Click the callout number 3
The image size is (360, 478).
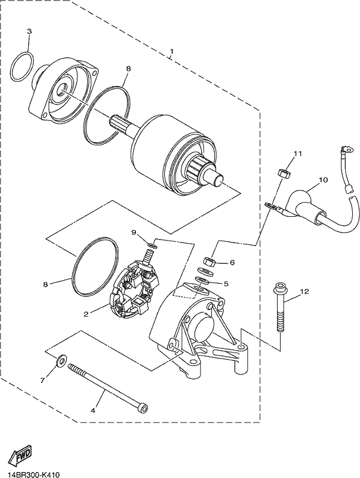[29, 31]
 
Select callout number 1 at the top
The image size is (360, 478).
[171, 51]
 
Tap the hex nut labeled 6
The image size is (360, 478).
[210, 261]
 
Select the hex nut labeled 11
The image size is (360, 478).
[284, 173]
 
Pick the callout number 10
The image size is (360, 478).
[323, 180]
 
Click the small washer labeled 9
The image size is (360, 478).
[153, 245]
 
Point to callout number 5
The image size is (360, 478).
[226, 284]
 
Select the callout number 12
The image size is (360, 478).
[304, 292]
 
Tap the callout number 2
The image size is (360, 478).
[86, 314]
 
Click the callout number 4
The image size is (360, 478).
[93, 410]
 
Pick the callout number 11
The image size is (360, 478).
[297, 154]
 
